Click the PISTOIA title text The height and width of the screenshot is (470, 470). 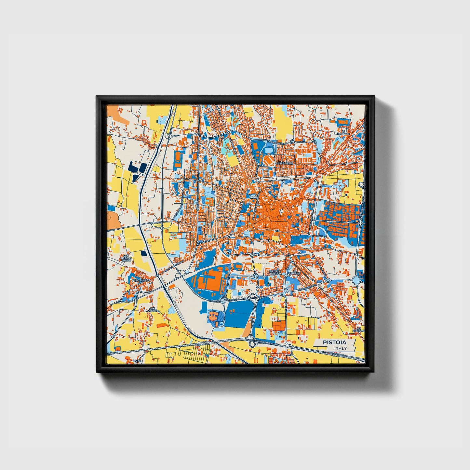334,342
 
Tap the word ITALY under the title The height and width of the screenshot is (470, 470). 340,349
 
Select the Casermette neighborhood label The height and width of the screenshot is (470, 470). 284,163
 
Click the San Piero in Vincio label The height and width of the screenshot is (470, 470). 125,258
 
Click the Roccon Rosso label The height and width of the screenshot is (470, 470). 274,272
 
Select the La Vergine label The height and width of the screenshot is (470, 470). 294,272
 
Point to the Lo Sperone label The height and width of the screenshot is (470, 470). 359,330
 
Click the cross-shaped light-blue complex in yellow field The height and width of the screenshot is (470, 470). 340,186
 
